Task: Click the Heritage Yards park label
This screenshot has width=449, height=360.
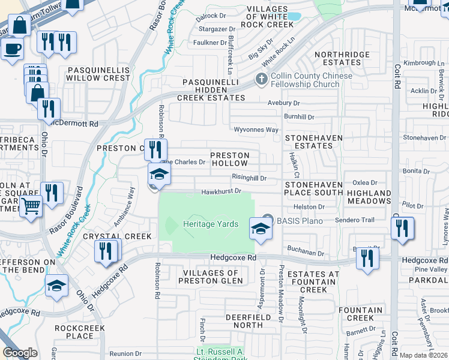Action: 211,224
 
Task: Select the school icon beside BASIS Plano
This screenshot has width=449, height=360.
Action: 260,229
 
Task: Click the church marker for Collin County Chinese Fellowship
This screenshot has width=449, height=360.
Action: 261,79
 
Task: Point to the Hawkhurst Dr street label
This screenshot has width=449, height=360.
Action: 221,191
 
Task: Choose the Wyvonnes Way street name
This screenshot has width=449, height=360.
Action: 256,130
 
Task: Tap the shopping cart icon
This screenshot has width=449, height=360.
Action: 31,207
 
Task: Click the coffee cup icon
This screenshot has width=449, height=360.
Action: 11,49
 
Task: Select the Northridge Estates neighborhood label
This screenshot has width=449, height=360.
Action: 342,58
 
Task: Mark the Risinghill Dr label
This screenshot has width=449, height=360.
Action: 249,178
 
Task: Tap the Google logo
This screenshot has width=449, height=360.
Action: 20,353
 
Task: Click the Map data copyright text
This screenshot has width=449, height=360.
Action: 423,355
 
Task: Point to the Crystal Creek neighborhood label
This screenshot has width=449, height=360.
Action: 117,236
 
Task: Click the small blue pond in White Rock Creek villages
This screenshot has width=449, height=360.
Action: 294,16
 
